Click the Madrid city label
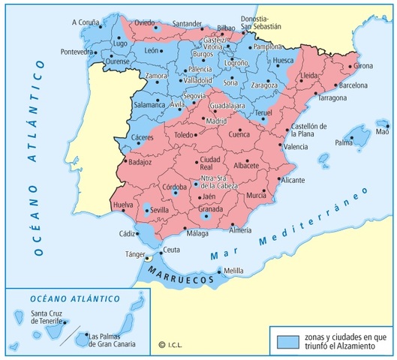tap(216, 120)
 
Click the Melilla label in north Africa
tap(235, 270)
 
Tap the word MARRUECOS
tap(180, 277)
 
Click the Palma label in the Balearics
tap(344, 142)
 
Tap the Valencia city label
tap(296, 147)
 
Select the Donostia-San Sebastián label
tap(261, 22)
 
